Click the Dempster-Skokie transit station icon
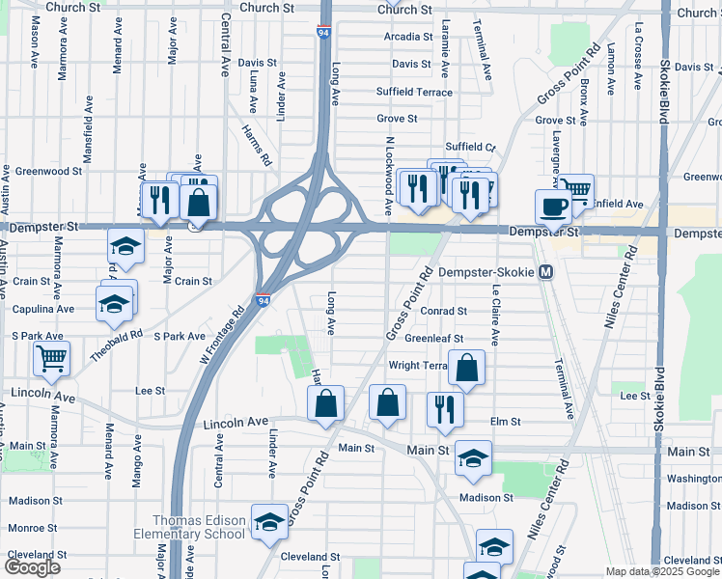pos(545,273)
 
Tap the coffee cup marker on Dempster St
pos(553,207)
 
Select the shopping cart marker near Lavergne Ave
pos(576,190)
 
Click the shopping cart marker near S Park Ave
pos(51,358)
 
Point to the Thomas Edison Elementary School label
pos(186,527)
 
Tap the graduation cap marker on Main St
pos(473,458)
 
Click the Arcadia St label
pos(408,37)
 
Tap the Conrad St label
pos(444,312)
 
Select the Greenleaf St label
pos(434,339)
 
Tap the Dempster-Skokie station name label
pos(486,273)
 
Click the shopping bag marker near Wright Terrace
pos(466,368)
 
